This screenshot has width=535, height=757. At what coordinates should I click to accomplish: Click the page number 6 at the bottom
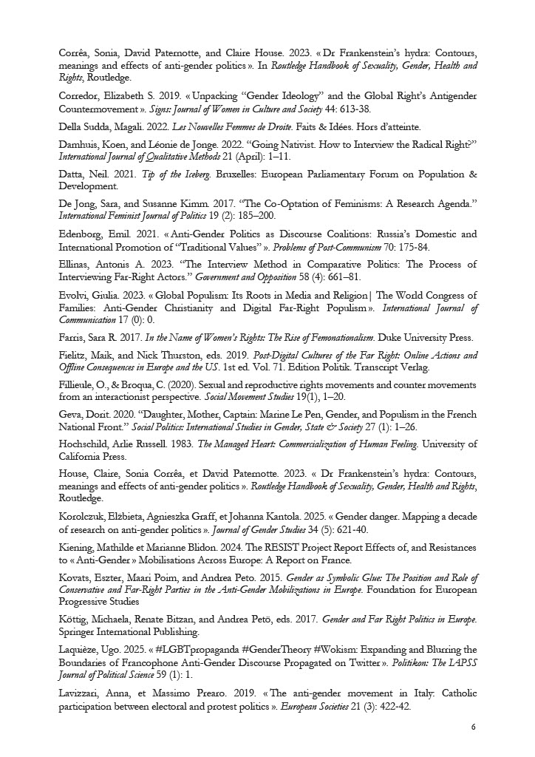472,727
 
